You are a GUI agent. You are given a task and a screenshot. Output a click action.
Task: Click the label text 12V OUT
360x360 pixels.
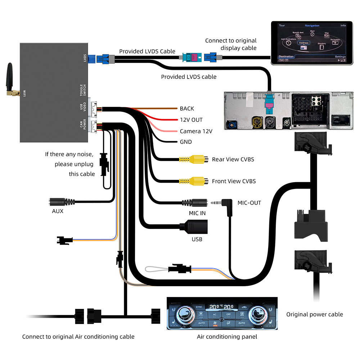click(x=191, y=120)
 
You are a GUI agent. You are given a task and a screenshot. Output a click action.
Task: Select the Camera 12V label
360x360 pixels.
click(x=196, y=131)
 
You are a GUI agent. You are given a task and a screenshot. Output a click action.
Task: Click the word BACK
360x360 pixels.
click(x=187, y=108)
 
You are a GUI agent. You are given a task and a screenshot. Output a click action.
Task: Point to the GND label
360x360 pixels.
click(x=186, y=142)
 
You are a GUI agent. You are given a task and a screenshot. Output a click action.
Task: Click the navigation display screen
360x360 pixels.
click(x=312, y=42)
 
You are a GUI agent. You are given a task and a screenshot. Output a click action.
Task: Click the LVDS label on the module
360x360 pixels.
click(x=85, y=58)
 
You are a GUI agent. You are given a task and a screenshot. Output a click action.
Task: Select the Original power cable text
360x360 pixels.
click(x=314, y=314)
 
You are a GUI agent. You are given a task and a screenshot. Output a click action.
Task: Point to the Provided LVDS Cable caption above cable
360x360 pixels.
click(x=147, y=51)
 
